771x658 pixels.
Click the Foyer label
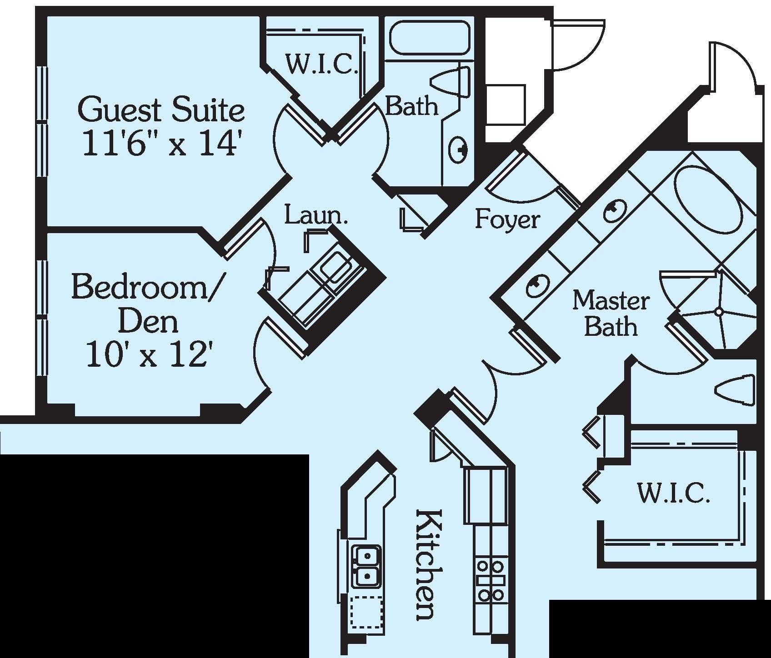[x=507, y=219]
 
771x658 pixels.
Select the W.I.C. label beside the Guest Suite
[x=320, y=65]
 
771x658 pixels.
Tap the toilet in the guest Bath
[x=450, y=81]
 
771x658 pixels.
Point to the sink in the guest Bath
[x=458, y=149]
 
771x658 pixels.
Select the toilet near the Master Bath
[x=735, y=389]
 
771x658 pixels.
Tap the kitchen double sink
[x=366, y=566]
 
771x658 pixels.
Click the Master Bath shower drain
[x=718, y=312]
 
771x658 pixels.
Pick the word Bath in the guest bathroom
[x=411, y=106]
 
